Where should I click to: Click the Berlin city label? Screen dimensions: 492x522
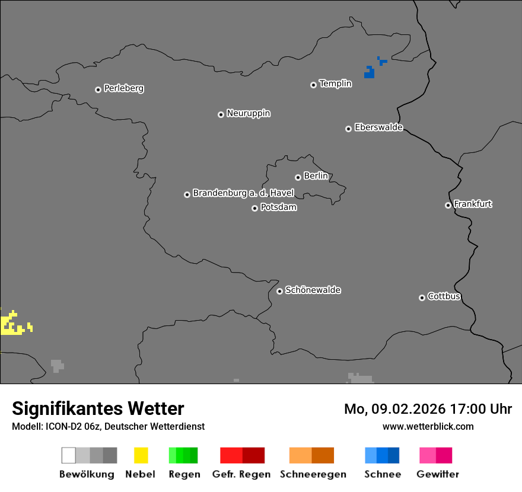tap(316, 176)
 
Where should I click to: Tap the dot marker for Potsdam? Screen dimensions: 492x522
tap(254, 208)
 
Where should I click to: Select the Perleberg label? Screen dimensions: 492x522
tap(123, 88)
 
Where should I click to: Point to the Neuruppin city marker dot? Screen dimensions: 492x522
tap(221, 114)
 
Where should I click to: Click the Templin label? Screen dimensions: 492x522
tap(335, 84)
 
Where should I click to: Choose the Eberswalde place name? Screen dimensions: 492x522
tap(378, 127)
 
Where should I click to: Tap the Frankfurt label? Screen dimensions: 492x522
tap(473, 204)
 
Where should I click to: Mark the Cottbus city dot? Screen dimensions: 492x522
tap(422, 298)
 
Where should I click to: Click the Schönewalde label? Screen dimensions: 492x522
tap(313, 290)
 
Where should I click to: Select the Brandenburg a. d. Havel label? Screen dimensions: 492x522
tap(243, 193)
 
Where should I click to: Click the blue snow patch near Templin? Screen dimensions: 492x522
tap(370, 73)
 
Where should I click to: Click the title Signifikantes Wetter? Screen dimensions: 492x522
tap(98, 409)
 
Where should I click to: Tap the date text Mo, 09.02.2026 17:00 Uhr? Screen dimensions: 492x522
tap(428, 409)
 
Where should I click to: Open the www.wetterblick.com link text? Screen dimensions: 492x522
tap(428, 426)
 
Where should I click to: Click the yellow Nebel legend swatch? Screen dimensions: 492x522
tap(141, 455)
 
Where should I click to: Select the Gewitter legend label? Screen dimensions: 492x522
tap(437, 474)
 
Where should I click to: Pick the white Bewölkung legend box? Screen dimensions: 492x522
tap(68, 455)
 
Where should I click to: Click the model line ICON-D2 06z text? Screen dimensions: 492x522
tap(108, 426)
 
